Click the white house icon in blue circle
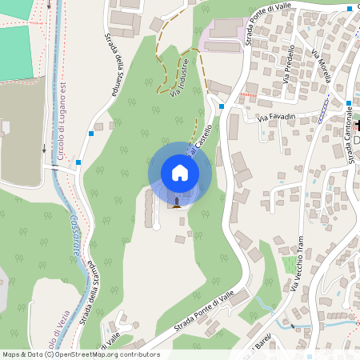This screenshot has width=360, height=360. pyautogui.click(x=180, y=172)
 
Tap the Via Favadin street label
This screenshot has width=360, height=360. pyautogui.click(x=277, y=118)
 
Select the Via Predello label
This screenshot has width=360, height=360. pyautogui.click(x=289, y=63)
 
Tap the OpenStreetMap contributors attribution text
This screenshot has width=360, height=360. pyautogui.click(x=80, y=354)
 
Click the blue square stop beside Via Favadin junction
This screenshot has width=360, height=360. pyautogui.click(x=221, y=106)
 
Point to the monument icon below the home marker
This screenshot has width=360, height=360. pyautogui.click(x=176, y=201)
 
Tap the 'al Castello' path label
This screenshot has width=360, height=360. pyautogui.click(x=201, y=139)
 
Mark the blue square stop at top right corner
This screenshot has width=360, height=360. pyautogui.click(x=350, y=7)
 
